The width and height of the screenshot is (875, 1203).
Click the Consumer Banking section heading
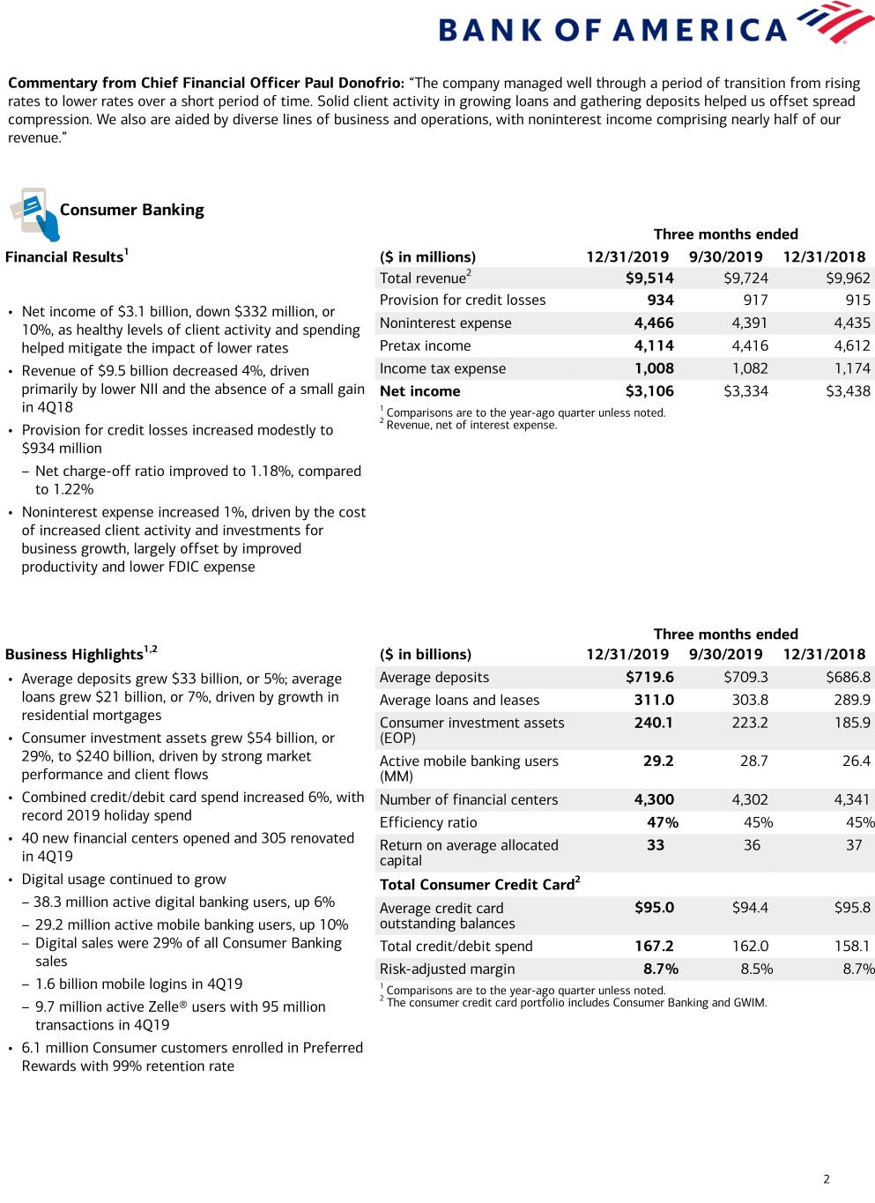pos(131,210)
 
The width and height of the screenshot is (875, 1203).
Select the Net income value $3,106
pos(649,391)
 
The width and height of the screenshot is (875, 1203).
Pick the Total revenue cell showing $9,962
pos(848,278)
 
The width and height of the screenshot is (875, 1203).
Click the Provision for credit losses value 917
pos(755,301)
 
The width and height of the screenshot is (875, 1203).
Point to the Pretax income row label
pos(425,346)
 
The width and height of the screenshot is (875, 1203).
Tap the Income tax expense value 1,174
pos(851,368)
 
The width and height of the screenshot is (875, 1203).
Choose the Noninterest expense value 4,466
pos(654,323)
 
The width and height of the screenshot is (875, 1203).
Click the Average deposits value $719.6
pos(649,678)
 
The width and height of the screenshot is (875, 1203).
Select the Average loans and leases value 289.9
pos(852,701)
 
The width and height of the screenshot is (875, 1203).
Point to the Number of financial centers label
pos(469,800)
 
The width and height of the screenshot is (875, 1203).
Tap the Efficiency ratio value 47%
pos(663,823)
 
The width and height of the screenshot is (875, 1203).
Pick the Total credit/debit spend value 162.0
pos(750,947)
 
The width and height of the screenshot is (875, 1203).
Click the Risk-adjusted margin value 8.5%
pos(757,969)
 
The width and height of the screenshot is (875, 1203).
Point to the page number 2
pos(827,1179)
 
